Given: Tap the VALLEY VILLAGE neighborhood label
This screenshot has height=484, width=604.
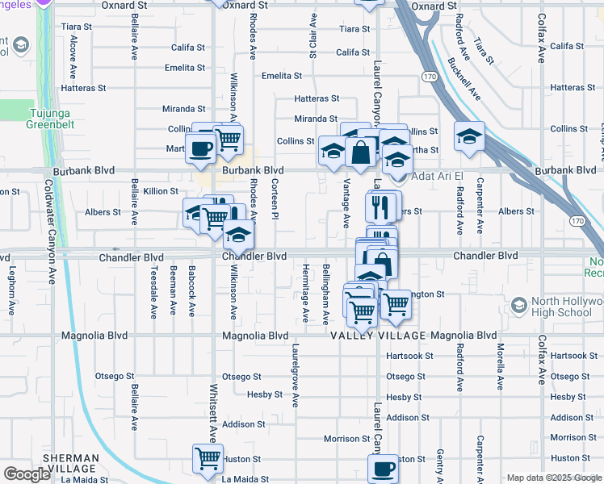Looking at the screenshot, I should point(378,336).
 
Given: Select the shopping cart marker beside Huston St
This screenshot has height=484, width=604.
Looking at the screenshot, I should point(208,457).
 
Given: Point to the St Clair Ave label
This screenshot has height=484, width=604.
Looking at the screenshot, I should point(312,35).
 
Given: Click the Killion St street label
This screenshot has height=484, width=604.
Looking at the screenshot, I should point(161,191).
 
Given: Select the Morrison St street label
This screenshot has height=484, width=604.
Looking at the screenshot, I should point(346,439).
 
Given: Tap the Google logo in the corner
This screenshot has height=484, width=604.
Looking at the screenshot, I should point(27,474).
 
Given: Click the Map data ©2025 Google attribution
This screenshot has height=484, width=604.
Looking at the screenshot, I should point(552,478).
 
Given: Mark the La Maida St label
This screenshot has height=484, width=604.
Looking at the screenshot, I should point(84,479).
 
